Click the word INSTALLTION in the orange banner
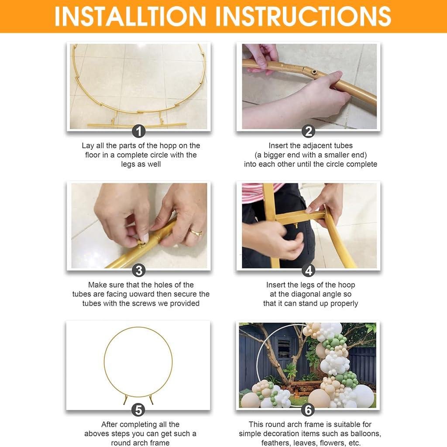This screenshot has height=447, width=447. click(130, 16)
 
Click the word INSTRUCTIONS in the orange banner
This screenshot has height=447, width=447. click(303, 16)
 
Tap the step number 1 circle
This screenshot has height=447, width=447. click(139, 131)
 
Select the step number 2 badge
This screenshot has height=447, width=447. click(309, 131)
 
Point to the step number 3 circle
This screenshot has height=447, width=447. click(139, 271)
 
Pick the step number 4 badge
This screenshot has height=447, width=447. click(309, 271)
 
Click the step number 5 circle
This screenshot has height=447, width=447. click(138, 410)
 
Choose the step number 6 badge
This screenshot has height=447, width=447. click(308, 410)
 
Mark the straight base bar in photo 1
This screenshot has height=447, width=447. click(137, 125)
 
